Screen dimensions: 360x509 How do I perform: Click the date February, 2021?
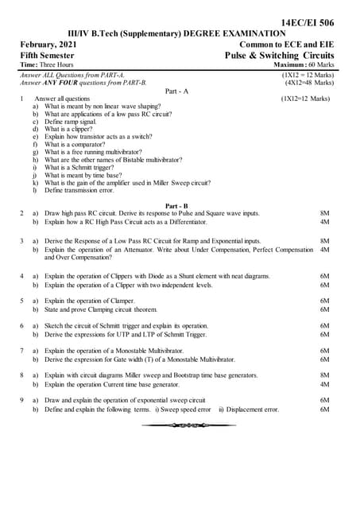click(x=48, y=45)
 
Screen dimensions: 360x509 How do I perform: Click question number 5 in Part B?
click(x=21, y=301)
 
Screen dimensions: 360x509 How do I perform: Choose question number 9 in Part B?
click(x=21, y=400)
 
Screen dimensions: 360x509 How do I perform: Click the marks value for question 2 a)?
click(x=324, y=214)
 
